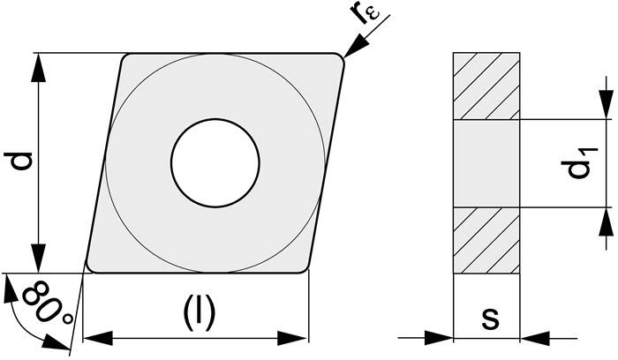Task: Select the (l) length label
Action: point(200,312)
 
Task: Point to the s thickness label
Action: point(491,318)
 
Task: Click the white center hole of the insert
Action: point(215,162)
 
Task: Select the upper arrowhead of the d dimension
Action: point(38,68)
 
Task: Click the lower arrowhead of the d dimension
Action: point(38,258)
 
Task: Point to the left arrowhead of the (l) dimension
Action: point(98,338)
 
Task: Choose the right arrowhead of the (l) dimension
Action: point(292,338)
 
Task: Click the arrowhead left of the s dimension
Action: point(439,338)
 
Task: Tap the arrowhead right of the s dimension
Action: point(535,338)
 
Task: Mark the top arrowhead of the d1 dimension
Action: point(607,104)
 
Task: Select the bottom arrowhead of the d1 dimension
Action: point(607,221)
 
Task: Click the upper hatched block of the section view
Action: point(486,86)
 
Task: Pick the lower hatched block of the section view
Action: point(486,240)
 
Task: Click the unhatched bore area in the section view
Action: point(486,163)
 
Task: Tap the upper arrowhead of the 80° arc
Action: point(10,289)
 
